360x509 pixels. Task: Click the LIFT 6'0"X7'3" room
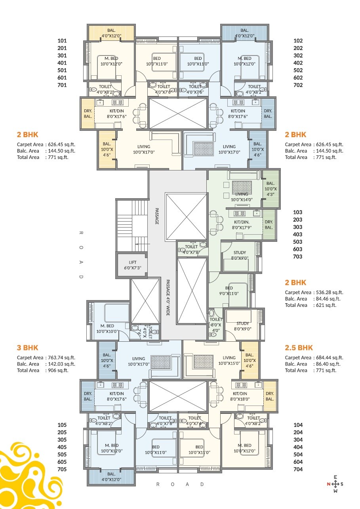pyautogui.click(x=132, y=265)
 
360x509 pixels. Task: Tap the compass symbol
pyautogui.click(x=335, y=484)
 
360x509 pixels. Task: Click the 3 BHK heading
pyautogui.click(x=27, y=348)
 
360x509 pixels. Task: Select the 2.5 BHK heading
pyautogui.click(x=299, y=348)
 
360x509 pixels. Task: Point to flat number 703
pyautogui.click(x=297, y=256)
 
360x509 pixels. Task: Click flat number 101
pyautogui.click(x=62, y=40)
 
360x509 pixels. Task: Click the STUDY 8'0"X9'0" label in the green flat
pyautogui.click(x=240, y=255)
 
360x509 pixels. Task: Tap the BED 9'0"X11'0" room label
pyautogui.click(x=229, y=291)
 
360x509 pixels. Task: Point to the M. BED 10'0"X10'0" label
pyautogui.click(x=104, y=329)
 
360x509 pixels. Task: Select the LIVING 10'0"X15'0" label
pyautogui.click(x=229, y=361)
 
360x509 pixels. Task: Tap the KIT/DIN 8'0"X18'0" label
pyautogui.click(x=243, y=396)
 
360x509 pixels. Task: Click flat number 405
pyautogui.click(x=62, y=447)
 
